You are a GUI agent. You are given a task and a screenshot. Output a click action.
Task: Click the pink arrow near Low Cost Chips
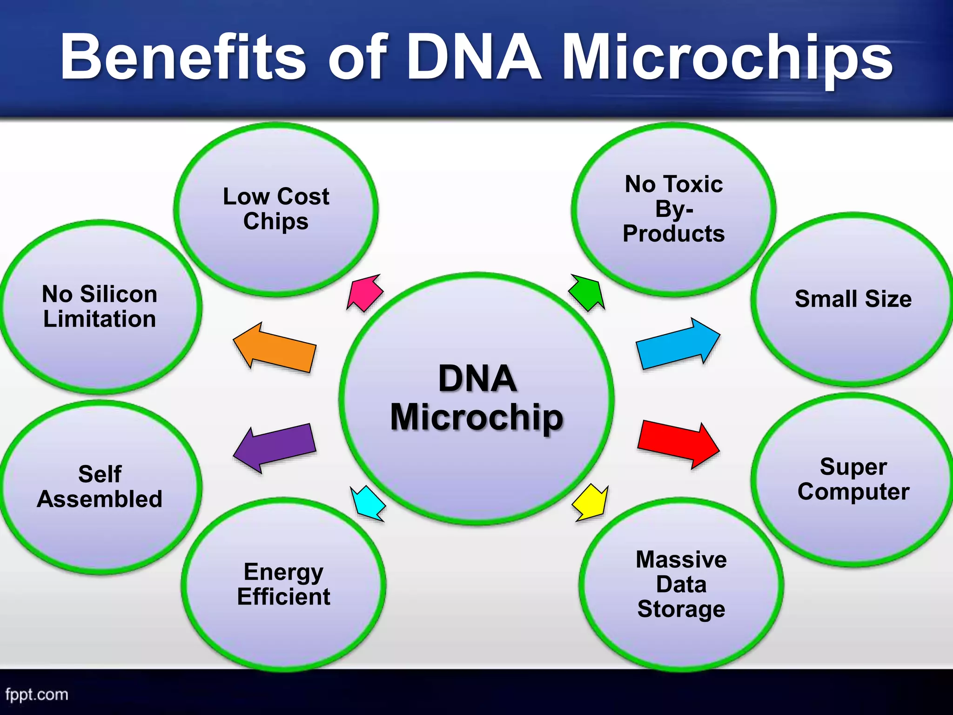point(365,293)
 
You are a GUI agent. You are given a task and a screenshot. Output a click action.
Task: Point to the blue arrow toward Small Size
point(678,344)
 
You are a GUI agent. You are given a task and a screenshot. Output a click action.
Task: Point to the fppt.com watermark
point(37,695)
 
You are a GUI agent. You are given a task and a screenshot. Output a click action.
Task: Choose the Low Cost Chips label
point(276,209)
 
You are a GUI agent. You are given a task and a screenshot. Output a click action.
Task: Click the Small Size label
point(853,299)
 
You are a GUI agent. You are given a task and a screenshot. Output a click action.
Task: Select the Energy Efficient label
point(283,584)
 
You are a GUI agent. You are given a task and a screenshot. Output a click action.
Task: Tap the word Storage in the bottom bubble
point(681,609)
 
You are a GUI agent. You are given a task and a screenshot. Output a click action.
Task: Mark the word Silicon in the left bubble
point(119,294)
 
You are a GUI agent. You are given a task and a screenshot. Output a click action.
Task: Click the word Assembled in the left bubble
point(100,499)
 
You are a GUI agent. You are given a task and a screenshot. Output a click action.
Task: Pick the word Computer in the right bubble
point(853,492)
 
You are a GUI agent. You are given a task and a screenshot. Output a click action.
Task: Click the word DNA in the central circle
point(477,378)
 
